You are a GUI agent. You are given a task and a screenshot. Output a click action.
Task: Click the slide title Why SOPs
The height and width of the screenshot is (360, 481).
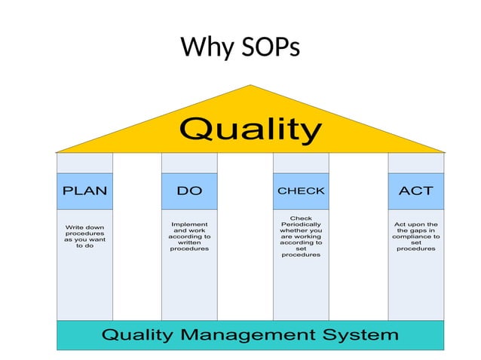(x=240, y=48)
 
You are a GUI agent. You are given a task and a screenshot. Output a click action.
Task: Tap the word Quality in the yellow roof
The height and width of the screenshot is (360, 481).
(x=250, y=130)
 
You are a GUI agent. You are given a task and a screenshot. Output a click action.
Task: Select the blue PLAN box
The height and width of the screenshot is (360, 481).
(x=84, y=191)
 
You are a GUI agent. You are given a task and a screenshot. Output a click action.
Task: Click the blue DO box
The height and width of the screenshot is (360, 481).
(x=189, y=191)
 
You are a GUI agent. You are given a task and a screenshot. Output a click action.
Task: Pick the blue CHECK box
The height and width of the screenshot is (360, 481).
(x=301, y=191)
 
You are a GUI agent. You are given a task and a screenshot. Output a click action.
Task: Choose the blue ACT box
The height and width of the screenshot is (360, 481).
(x=415, y=191)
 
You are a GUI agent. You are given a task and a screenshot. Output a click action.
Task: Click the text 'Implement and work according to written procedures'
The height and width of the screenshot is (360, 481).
(x=189, y=236)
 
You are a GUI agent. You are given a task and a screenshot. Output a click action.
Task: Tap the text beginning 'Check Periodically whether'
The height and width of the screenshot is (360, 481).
(x=301, y=236)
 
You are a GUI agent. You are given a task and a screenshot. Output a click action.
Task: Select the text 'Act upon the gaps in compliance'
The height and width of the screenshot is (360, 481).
(x=415, y=236)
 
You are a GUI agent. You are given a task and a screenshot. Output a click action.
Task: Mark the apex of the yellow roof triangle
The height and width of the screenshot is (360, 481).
(x=250, y=87)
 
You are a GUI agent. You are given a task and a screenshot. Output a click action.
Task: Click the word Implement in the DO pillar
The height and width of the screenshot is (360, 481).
(x=189, y=224)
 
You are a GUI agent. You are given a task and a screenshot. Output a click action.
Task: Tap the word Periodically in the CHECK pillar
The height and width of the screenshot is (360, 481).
(x=301, y=224)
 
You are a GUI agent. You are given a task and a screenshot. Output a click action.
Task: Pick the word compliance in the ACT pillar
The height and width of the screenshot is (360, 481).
(x=415, y=236)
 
